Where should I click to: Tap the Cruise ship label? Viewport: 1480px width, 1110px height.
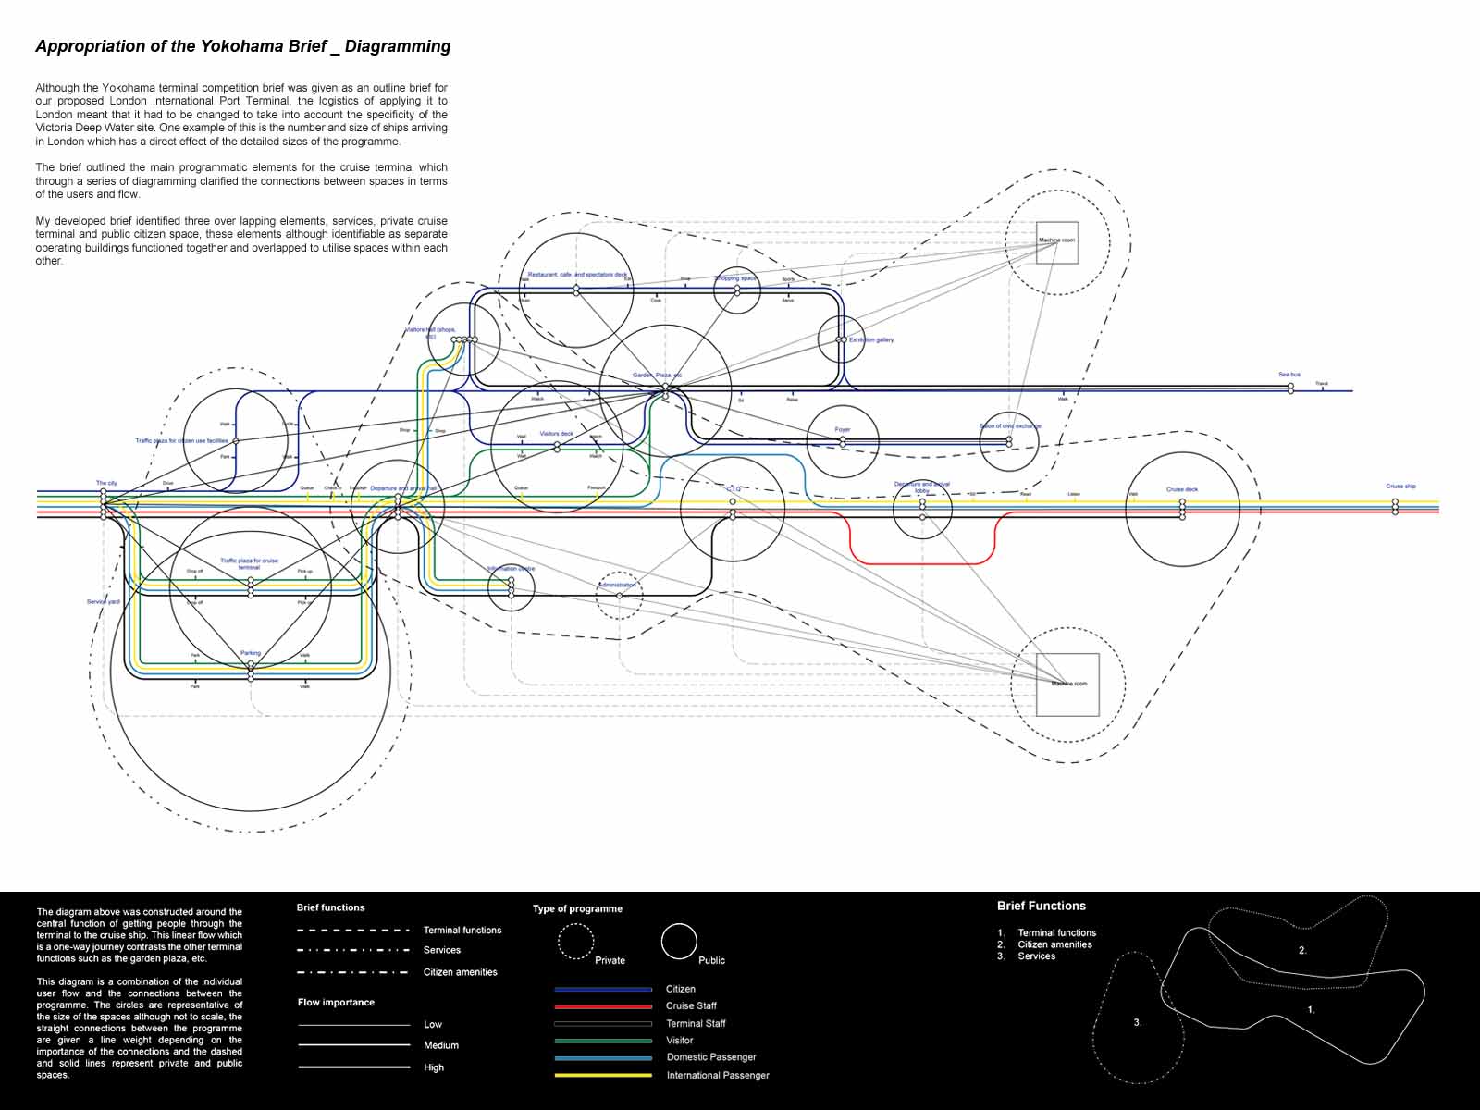pyautogui.click(x=1400, y=487)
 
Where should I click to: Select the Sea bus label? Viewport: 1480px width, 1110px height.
pyautogui.click(x=1289, y=375)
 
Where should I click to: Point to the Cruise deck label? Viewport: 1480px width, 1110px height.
pyautogui.click(x=1182, y=489)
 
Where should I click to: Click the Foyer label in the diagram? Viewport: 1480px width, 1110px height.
pyautogui.click(x=843, y=429)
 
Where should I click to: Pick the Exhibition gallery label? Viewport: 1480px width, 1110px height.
pyautogui.click(x=871, y=340)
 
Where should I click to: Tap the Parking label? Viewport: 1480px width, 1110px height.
pyautogui.click(x=251, y=653)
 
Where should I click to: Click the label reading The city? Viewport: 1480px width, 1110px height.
pyautogui.click(x=106, y=483)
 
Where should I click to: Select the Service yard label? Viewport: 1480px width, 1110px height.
pyautogui.click(x=103, y=602)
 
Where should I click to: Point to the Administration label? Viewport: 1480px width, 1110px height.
pyautogui.click(x=617, y=585)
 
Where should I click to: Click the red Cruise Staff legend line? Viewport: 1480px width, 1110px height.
pyautogui.click(x=603, y=1006)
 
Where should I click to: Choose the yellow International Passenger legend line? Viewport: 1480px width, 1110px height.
pyautogui.click(x=603, y=1075)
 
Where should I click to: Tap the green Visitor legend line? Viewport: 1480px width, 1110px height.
pyautogui.click(x=603, y=1041)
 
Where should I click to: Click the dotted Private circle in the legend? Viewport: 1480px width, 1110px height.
pyautogui.click(x=575, y=942)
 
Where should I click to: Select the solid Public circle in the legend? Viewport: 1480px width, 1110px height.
pyautogui.click(x=679, y=942)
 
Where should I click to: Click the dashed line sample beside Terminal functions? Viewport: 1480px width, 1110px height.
pyautogui.click(x=353, y=931)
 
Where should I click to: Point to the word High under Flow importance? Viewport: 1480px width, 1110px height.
pyautogui.click(x=434, y=1067)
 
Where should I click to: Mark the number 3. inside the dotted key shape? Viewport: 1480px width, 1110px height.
pyautogui.click(x=1138, y=1022)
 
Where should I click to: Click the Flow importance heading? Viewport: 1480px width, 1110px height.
pyautogui.click(x=336, y=1003)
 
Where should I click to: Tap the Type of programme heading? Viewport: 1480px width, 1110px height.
pyautogui.click(x=577, y=908)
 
